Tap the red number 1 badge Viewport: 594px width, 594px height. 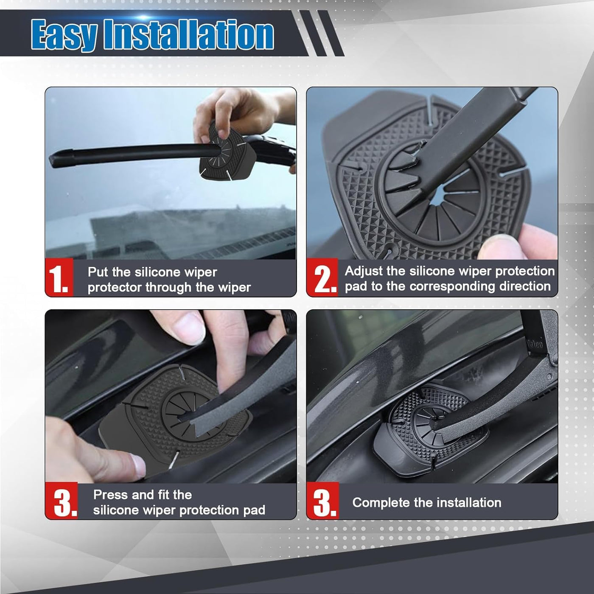(59, 277)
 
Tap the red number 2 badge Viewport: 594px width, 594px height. (322, 277)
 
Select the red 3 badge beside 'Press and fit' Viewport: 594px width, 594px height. (61, 501)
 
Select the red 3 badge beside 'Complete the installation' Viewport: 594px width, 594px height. (323, 501)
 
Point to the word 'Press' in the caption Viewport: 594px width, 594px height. (110, 495)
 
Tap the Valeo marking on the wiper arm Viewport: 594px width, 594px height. (535, 344)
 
